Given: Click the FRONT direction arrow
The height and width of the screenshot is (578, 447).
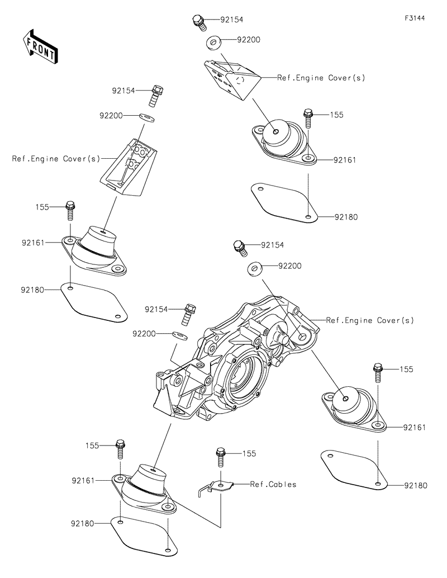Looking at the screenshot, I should pyautogui.click(x=39, y=45).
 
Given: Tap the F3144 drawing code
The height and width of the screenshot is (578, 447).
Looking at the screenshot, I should pyautogui.click(x=415, y=18).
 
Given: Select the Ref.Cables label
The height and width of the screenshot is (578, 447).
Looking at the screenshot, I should pyautogui.click(x=273, y=484).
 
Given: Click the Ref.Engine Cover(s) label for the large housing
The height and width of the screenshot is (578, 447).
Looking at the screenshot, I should pyautogui.click(x=370, y=320).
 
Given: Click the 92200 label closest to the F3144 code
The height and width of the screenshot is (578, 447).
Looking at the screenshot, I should pyautogui.click(x=248, y=40).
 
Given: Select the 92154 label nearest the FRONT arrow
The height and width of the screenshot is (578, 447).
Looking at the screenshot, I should pyautogui.click(x=123, y=89).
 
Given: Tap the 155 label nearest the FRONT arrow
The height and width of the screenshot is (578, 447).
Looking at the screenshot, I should pyautogui.click(x=44, y=207).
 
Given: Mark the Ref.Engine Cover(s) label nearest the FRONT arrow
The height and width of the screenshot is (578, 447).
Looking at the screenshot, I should pyautogui.click(x=56, y=159).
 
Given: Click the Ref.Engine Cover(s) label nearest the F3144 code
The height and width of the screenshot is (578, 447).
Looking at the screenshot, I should pyautogui.click(x=321, y=78).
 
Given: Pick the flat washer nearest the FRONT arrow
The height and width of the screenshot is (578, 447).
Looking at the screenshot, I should pyautogui.click(x=147, y=117).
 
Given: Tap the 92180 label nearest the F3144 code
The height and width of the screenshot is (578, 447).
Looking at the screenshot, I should pyautogui.click(x=346, y=217).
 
